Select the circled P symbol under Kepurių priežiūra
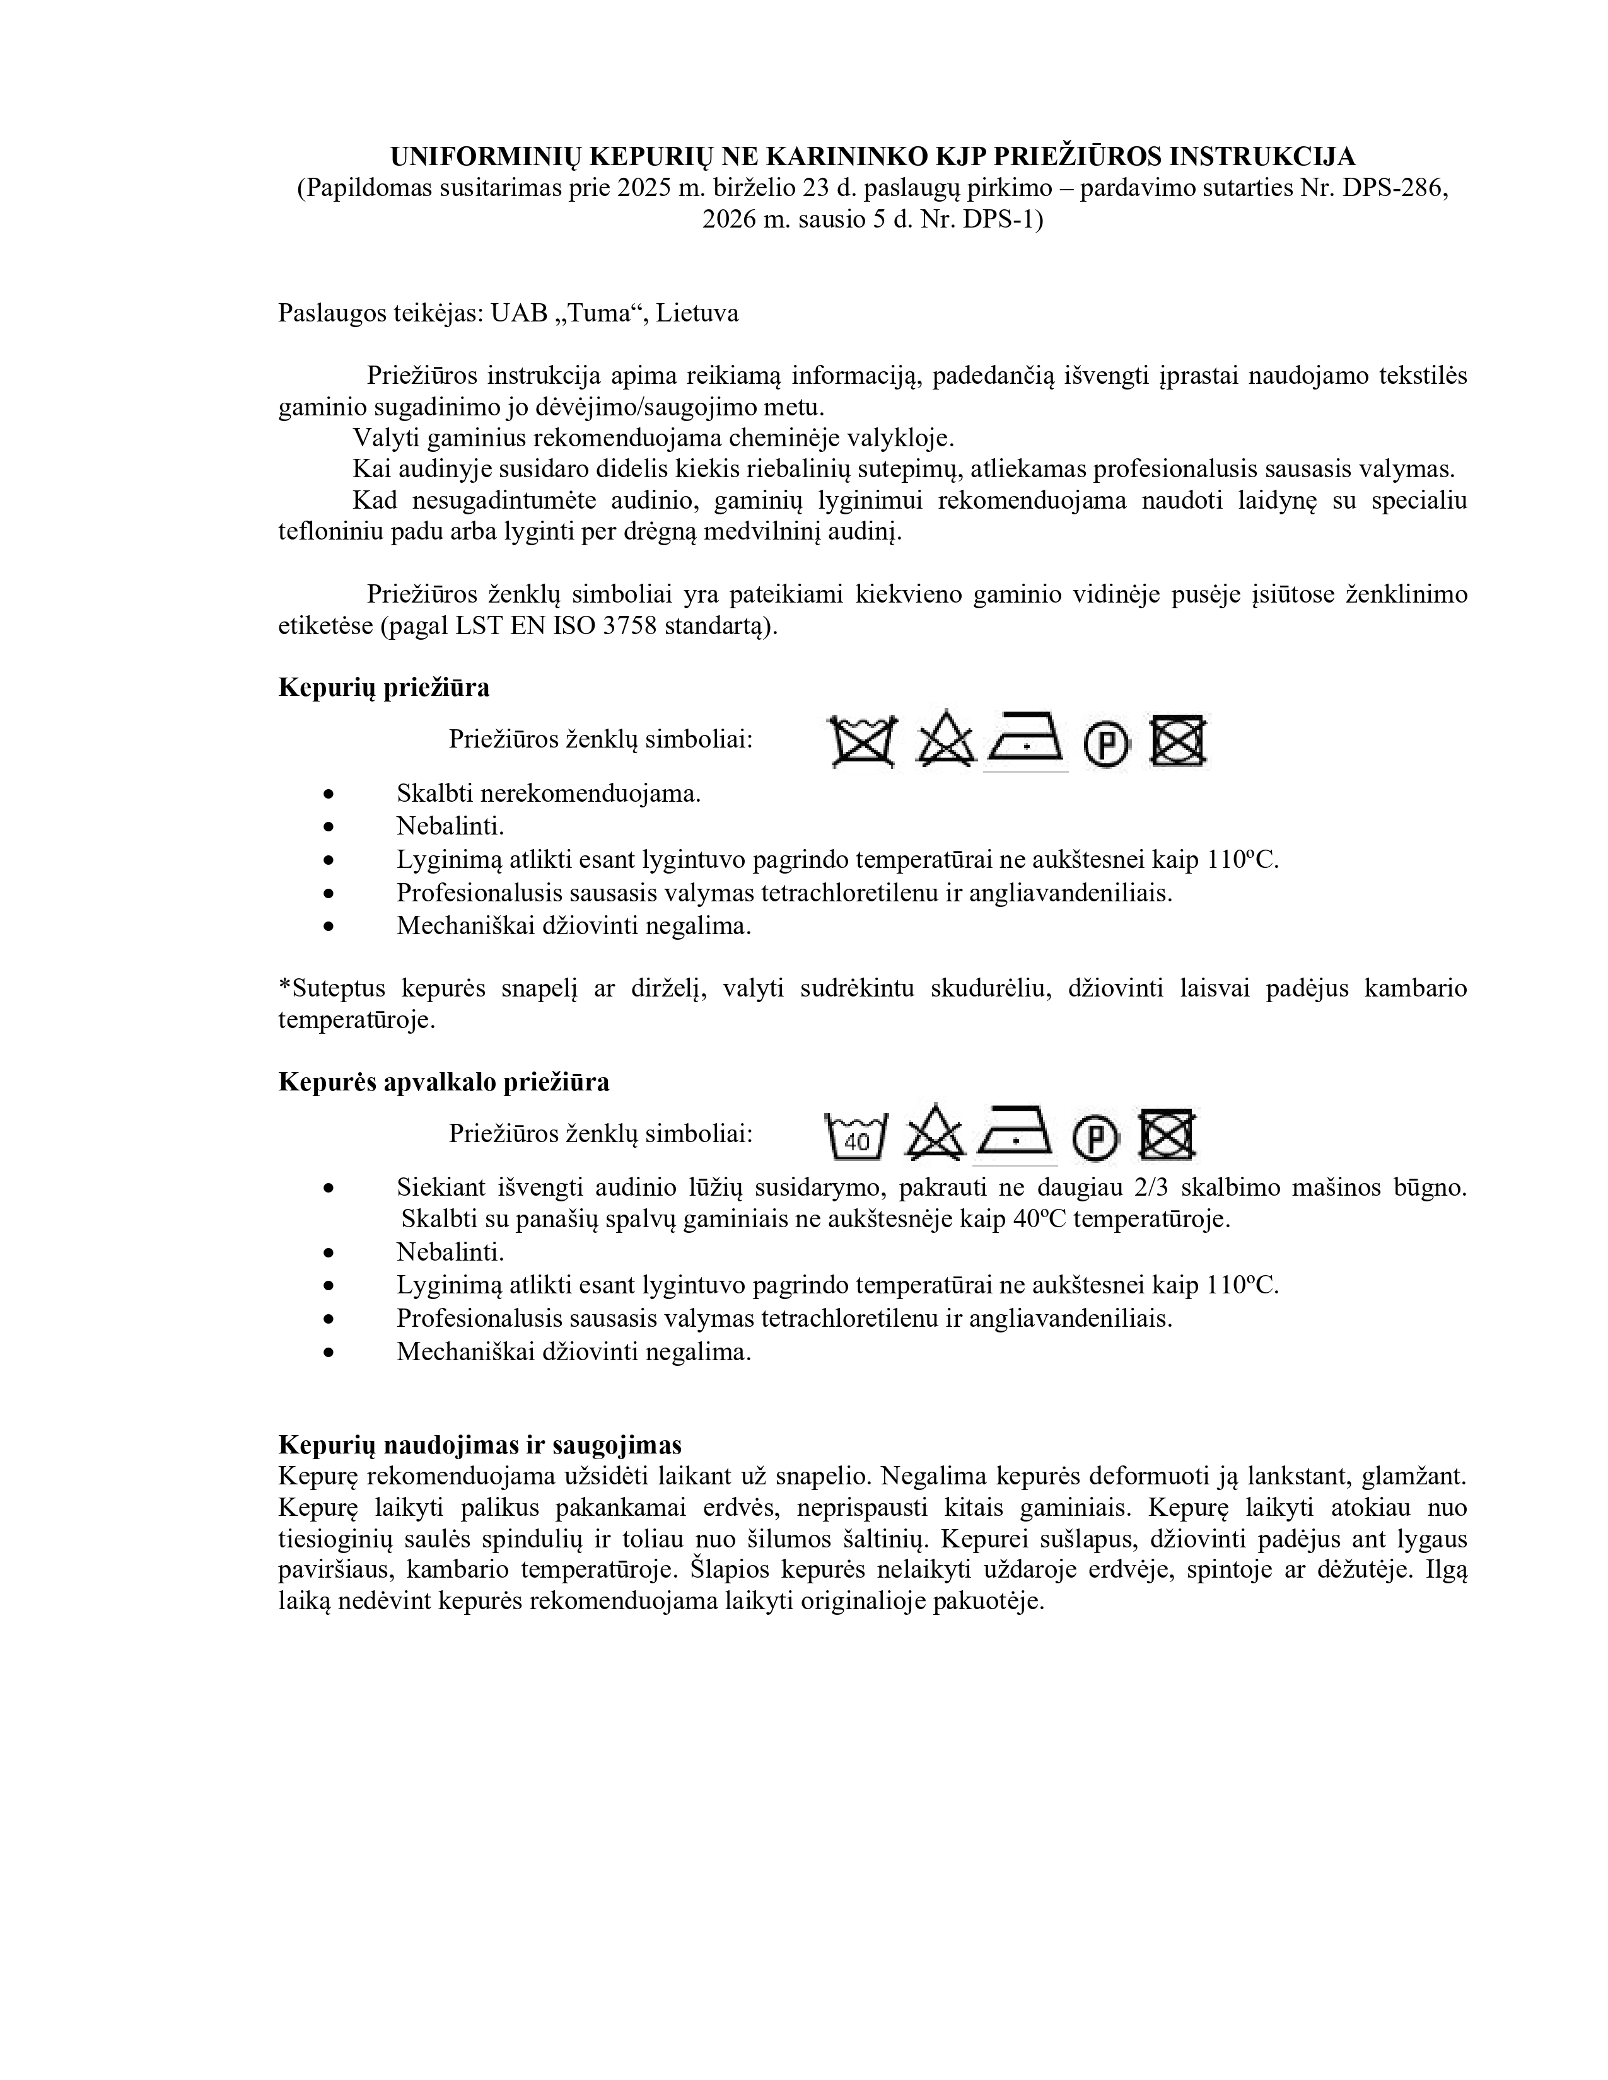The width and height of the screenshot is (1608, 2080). (x=1106, y=743)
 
